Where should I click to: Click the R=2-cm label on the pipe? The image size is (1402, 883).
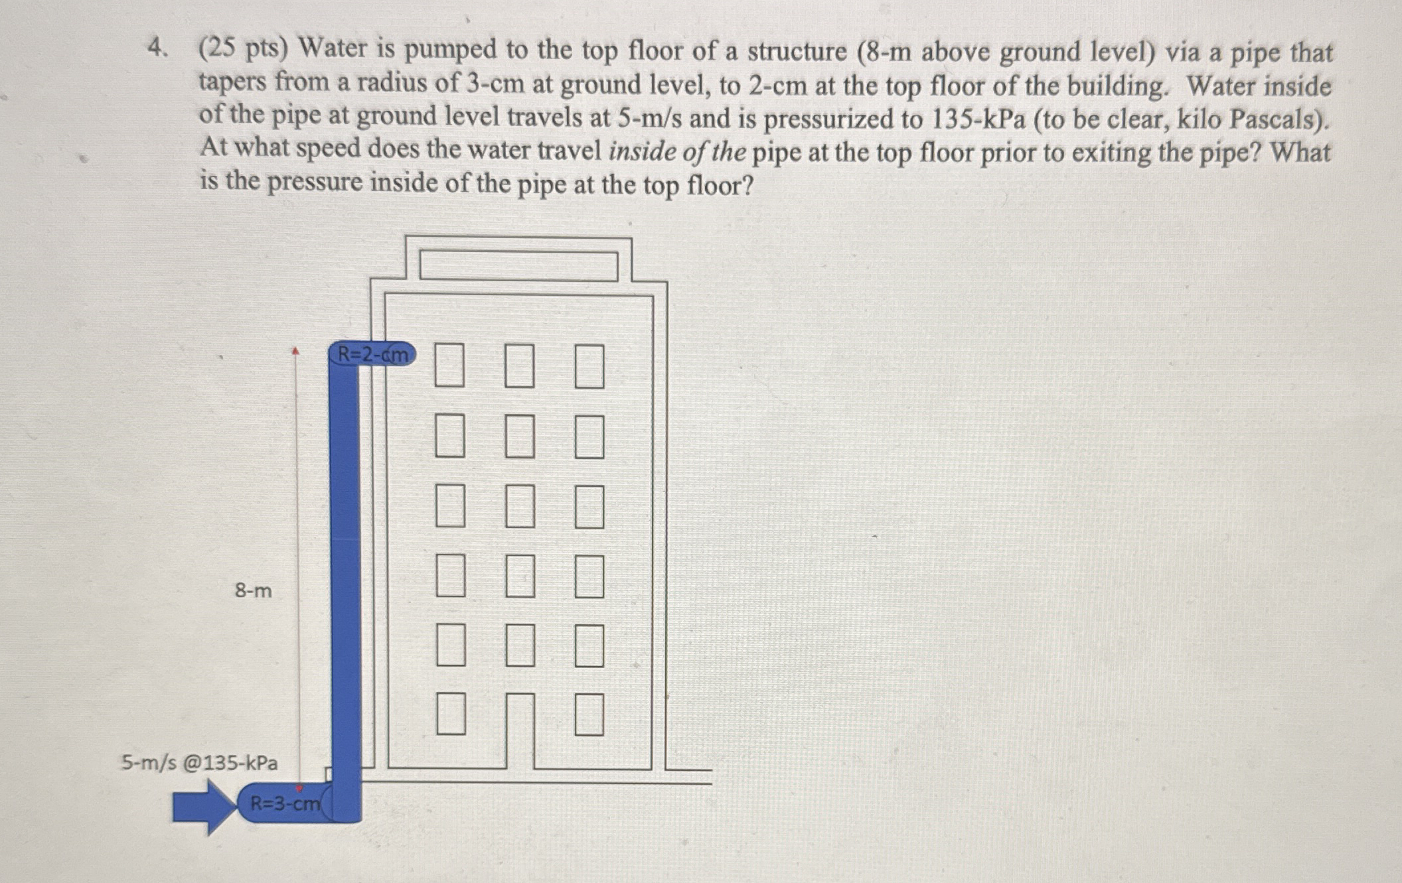coord(372,354)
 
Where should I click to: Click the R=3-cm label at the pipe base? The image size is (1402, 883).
coord(284,804)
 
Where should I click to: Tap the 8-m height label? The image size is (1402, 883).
coord(253,590)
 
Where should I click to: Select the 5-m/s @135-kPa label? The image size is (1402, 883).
coord(199,763)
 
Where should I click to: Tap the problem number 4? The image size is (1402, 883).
coord(156,48)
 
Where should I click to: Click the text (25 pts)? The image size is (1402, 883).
coord(244,48)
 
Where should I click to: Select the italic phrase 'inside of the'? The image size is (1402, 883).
coord(677,152)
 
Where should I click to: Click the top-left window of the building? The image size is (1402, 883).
coord(449,365)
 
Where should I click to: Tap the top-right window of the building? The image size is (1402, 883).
coord(589,366)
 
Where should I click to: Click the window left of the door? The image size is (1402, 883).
coord(451,714)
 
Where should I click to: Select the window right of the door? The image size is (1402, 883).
coord(589,714)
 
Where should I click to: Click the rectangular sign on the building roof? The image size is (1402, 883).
coord(518,266)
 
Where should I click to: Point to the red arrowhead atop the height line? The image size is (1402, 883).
coord(296,350)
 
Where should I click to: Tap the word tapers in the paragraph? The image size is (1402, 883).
coord(233,82)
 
